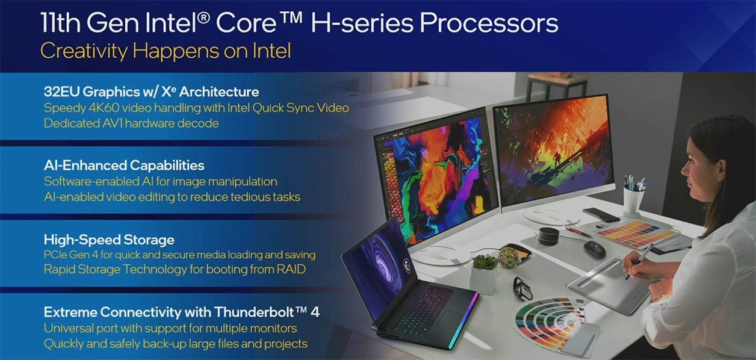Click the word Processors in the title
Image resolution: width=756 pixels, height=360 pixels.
point(489,23)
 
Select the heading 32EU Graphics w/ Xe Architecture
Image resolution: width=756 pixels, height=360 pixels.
point(152,92)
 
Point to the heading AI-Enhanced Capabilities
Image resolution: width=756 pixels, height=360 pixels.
point(124,166)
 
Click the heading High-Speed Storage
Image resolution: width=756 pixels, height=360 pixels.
point(109,240)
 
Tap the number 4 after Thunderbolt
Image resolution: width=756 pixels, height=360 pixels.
point(315,312)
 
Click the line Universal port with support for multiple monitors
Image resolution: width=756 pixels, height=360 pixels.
point(170,328)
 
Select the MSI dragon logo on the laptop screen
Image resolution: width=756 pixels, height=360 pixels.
point(407,265)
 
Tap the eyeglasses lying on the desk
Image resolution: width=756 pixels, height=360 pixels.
point(522,288)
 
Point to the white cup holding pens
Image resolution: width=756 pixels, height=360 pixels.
point(633,201)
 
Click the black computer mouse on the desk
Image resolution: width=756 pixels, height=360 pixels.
point(594,249)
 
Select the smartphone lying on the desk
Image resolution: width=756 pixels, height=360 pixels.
point(601,214)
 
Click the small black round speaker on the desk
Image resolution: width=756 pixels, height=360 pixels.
point(548,236)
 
